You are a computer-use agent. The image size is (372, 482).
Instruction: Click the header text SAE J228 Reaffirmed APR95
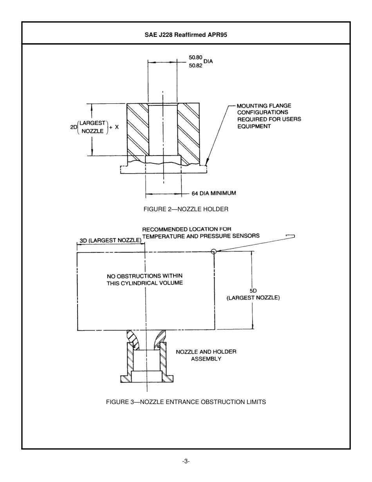pyautogui.click(x=186, y=34)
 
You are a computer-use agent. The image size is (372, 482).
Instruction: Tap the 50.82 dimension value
pyautogui.click(x=195, y=66)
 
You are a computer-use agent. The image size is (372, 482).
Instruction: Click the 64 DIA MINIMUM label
pyautogui.click(x=213, y=193)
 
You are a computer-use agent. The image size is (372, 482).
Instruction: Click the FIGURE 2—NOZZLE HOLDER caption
pyautogui.click(x=186, y=209)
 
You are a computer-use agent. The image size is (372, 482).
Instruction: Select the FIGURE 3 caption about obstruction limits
pyautogui.click(x=186, y=402)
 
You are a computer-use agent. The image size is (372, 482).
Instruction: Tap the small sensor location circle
pyautogui.click(x=213, y=252)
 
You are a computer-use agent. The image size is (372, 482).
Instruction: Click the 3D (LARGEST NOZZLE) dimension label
pyautogui.click(x=110, y=240)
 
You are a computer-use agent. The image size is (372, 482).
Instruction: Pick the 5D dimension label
pyautogui.click(x=253, y=291)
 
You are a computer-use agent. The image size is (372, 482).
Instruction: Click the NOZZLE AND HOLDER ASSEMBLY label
pyautogui.click(x=206, y=355)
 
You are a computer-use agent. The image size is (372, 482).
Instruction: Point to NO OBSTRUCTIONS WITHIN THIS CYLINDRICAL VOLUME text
pyautogui.click(x=144, y=279)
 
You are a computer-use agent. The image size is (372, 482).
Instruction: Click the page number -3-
pyautogui.click(x=186, y=461)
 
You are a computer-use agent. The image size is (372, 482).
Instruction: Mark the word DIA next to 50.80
pyautogui.click(x=208, y=62)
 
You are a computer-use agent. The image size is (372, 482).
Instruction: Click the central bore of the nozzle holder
pyautogui.click(x=163, y=129)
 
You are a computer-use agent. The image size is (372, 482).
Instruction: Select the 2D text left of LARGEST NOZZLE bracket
pyautogui.click(x=73, y=127)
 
